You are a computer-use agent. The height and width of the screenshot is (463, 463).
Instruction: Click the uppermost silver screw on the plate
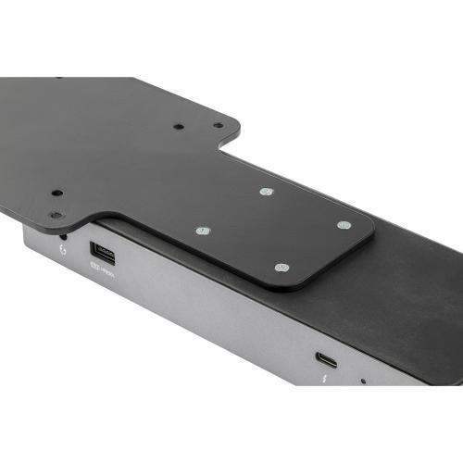tap(267, 193)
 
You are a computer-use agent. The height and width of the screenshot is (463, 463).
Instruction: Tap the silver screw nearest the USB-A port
tap(204, 230)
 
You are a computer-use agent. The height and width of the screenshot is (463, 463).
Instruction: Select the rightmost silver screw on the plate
tap(343, 225)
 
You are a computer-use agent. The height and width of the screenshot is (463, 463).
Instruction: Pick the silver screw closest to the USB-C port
tap(282, 268)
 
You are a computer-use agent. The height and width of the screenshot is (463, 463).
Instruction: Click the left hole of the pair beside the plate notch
tap(179, 126)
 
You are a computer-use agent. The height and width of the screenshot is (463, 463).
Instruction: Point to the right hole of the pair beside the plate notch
tap(218, 125)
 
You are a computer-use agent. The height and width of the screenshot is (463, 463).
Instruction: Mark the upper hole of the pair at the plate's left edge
tap(56, 194)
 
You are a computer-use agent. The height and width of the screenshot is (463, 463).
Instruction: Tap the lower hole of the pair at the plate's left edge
tap(56, 214)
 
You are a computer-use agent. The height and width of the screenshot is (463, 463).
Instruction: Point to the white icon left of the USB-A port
tap(61, 251)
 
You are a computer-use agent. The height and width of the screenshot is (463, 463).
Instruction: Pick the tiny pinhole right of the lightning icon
tap(362, 381)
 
